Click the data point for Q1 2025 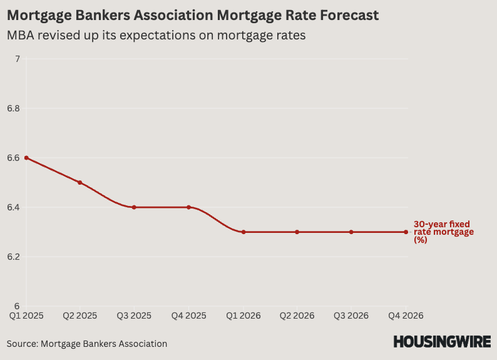click(26, 158)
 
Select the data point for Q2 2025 click(80, 182)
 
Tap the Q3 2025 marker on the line click(135, 207)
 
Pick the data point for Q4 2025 click(188, 207)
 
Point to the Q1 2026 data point click(243, 232)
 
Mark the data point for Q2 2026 click(297, 232)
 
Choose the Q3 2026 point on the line click(351, 232)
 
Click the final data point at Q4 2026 click(406, 232)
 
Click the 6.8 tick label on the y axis click(13, 108)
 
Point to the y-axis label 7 click(18, 59)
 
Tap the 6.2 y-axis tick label click(13, 257)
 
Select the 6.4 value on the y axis click(13, 207)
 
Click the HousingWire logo click(442, 342)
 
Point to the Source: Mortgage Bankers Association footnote click(87, 344)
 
